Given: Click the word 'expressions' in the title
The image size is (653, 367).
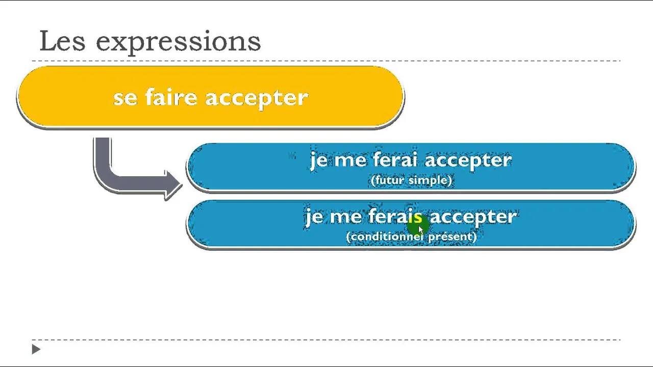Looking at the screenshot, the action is tap(179, 42).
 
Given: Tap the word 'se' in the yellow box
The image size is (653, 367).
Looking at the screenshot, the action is tap(125, 98).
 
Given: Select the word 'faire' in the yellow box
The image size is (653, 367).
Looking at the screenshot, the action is tap(171, 96).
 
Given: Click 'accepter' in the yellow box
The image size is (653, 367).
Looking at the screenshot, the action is tap(257, 99).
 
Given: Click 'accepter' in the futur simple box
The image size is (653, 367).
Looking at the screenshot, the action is tap(468, 161).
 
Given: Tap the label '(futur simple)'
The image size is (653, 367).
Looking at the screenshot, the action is tap(411, 180).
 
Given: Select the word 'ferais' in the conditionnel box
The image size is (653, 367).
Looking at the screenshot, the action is tap(395, 216).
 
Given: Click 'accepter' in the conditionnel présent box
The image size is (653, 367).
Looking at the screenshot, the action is tap(473, 218).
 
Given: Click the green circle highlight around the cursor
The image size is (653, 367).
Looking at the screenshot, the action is tap(418, 225).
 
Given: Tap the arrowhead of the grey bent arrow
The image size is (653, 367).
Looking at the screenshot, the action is tap(174, 185).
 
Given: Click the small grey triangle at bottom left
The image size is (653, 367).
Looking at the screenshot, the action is tap(36, 349).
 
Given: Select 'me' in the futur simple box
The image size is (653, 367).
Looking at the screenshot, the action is tap(350, 161).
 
